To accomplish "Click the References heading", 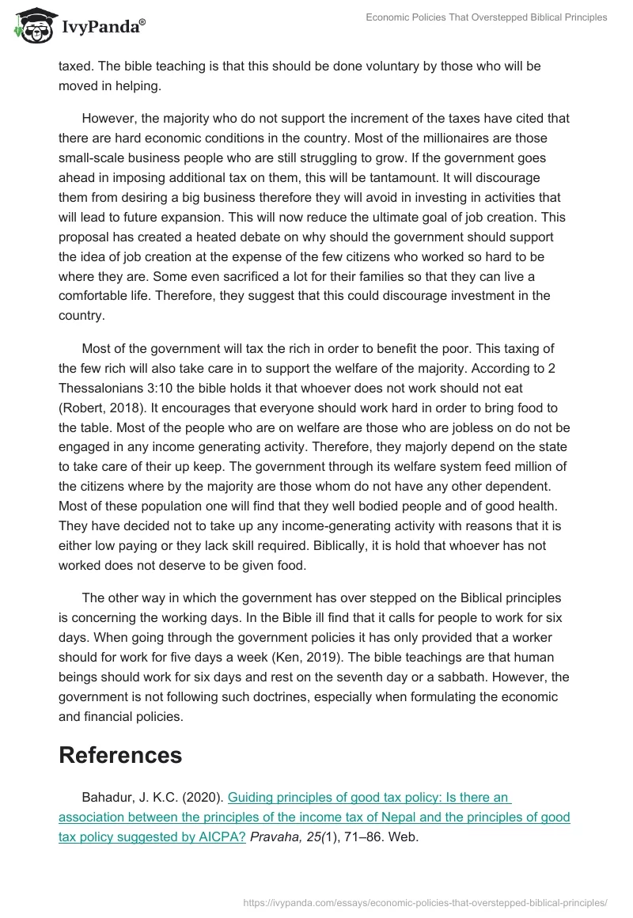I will pyautogui.click(x=120, y=755).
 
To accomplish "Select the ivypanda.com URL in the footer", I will pyautogui.click(x=426, y=901).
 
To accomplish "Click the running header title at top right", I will pyautogui.click(x=487, y=17).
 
